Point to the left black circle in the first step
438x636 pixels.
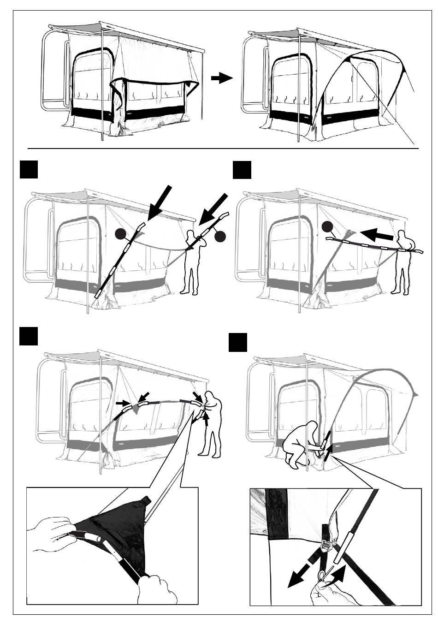(121, 234)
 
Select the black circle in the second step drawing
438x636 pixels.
(327, 226)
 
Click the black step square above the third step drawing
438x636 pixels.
(29, 335)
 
